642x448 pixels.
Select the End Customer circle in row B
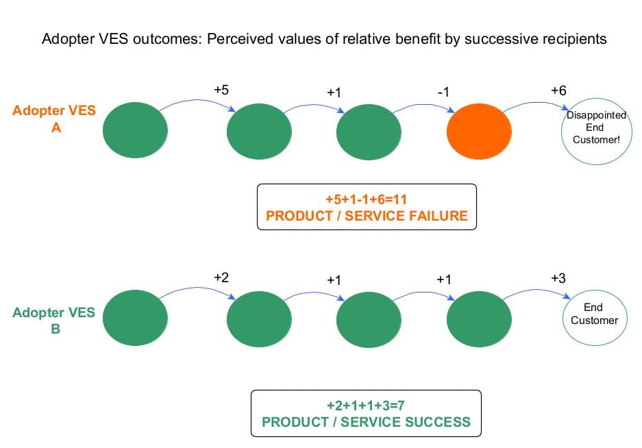click(x=595, y=315)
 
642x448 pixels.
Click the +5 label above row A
click(x=221, y=90)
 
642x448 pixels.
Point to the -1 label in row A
click(x=443, y=92)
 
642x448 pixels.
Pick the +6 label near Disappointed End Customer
click(x=558, y=90)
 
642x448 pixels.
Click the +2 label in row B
click(x=221, y=277)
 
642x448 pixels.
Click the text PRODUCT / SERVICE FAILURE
click(x=367, y=216)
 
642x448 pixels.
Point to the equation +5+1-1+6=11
click(x=367, y=199)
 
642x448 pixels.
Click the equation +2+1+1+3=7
click(x=367, y=405)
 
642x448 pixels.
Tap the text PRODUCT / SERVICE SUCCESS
click(x=367, y=421)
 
